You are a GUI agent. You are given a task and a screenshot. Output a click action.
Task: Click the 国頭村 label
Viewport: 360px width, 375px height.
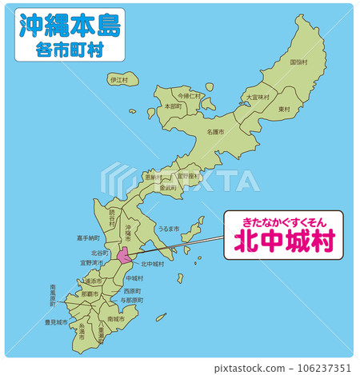click(298, 62)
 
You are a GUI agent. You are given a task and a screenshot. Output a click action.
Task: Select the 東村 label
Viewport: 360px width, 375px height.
click(284, 109)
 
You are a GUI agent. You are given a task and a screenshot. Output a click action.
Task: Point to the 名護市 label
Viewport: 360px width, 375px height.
click(215, 131)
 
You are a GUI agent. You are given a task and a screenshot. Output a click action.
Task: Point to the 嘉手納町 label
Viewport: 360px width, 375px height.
click(88, 237)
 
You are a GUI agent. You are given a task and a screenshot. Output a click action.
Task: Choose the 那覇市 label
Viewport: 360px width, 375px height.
click(89, 294)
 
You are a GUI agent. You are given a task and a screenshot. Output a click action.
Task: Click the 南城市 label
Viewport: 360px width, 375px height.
click(116, 318)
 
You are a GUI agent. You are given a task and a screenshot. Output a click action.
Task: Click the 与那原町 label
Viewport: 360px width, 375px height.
click(131, 299)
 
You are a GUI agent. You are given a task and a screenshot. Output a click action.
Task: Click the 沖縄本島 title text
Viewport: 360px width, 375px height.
click(68, 26)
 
